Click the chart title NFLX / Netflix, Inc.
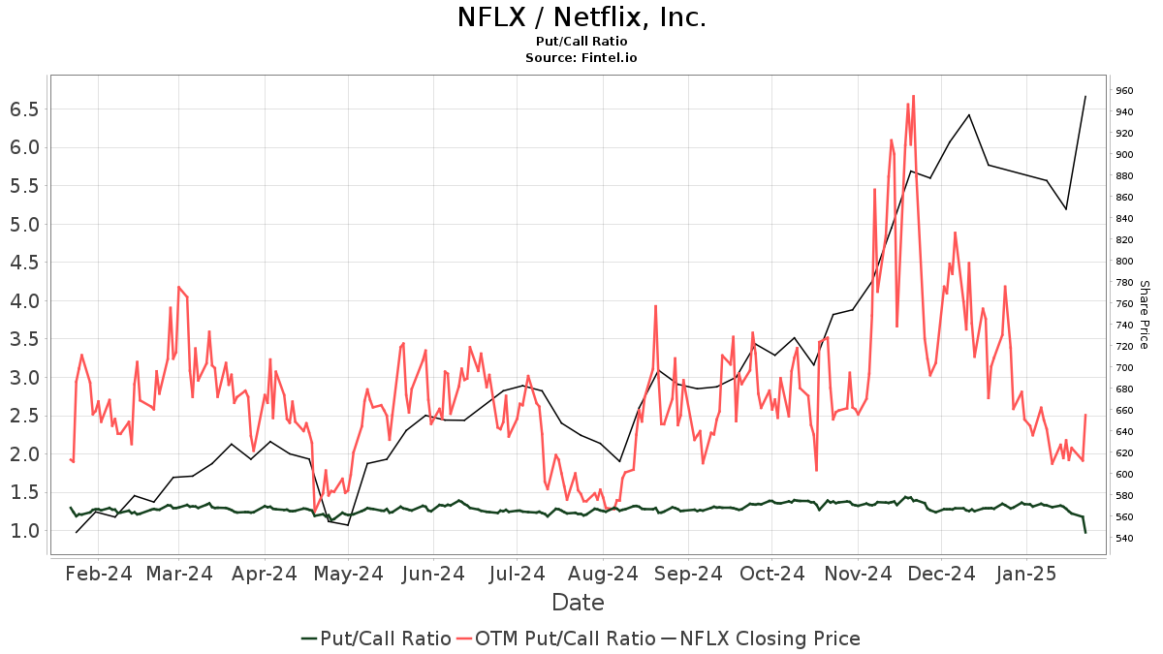[x=581, y=17]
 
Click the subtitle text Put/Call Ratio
[x=581, y=41]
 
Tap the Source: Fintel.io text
[x=581, y=58]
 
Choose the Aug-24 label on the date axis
[x=603, y=574]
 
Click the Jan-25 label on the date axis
[x=1028, y=574]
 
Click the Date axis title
[x=578, y=603]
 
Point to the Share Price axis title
[x=1144, y=315]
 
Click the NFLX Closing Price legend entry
[x=770, y=638]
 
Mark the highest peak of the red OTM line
[x=913, y=95]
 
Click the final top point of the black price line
[x=1085, y=96]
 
